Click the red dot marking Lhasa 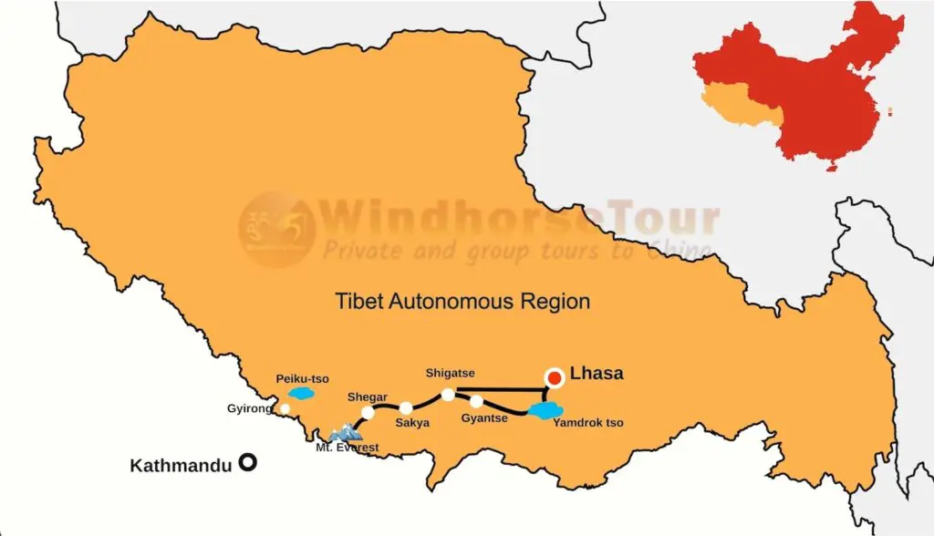(554, 378)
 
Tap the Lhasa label (597, 374)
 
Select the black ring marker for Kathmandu (246, 462)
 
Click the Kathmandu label (182, 466)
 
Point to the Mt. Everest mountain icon (345, 432)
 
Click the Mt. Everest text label (348, 448)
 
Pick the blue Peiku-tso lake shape (301, 394)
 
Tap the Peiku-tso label (302, 378)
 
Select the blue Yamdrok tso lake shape (545, 412)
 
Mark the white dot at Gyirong (285, 408)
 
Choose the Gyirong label (249, 408)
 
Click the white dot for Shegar (368, 413)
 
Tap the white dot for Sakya (406, 408)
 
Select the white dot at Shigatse (448, 395)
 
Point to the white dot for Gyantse (476, 401)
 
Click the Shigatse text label (450, 373)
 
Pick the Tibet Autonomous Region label (462, 301)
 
